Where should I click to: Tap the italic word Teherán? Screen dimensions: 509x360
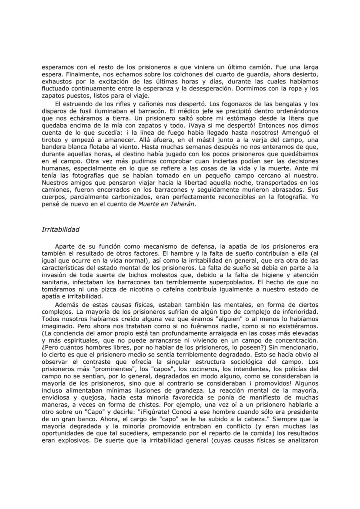[x=183, y=204]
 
